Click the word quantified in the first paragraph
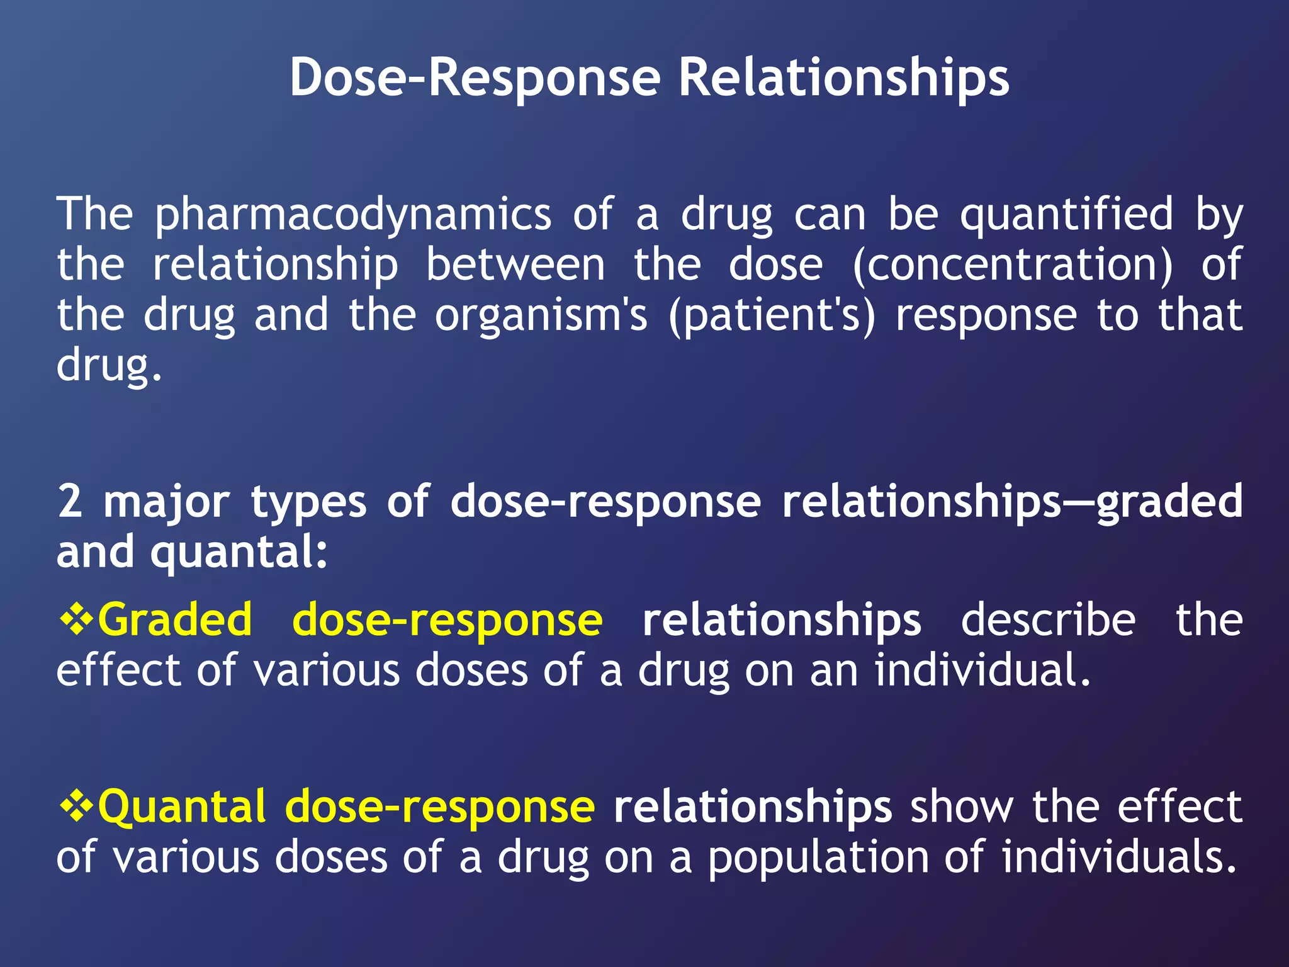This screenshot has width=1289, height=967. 1066,214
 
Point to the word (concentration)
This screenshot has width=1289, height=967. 1013,264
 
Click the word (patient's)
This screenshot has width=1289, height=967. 771,315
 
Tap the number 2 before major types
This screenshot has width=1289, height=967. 69,502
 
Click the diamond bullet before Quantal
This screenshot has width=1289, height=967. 76,806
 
